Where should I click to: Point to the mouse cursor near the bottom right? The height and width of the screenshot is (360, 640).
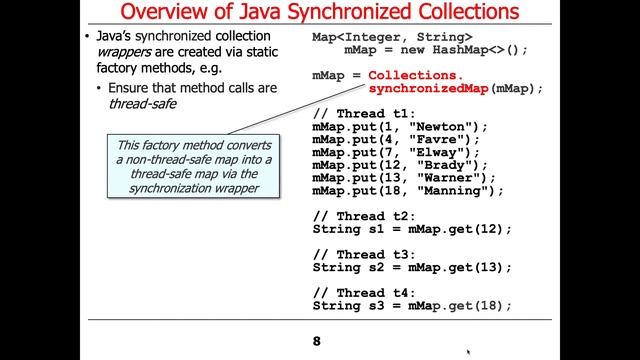click(470, 352)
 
